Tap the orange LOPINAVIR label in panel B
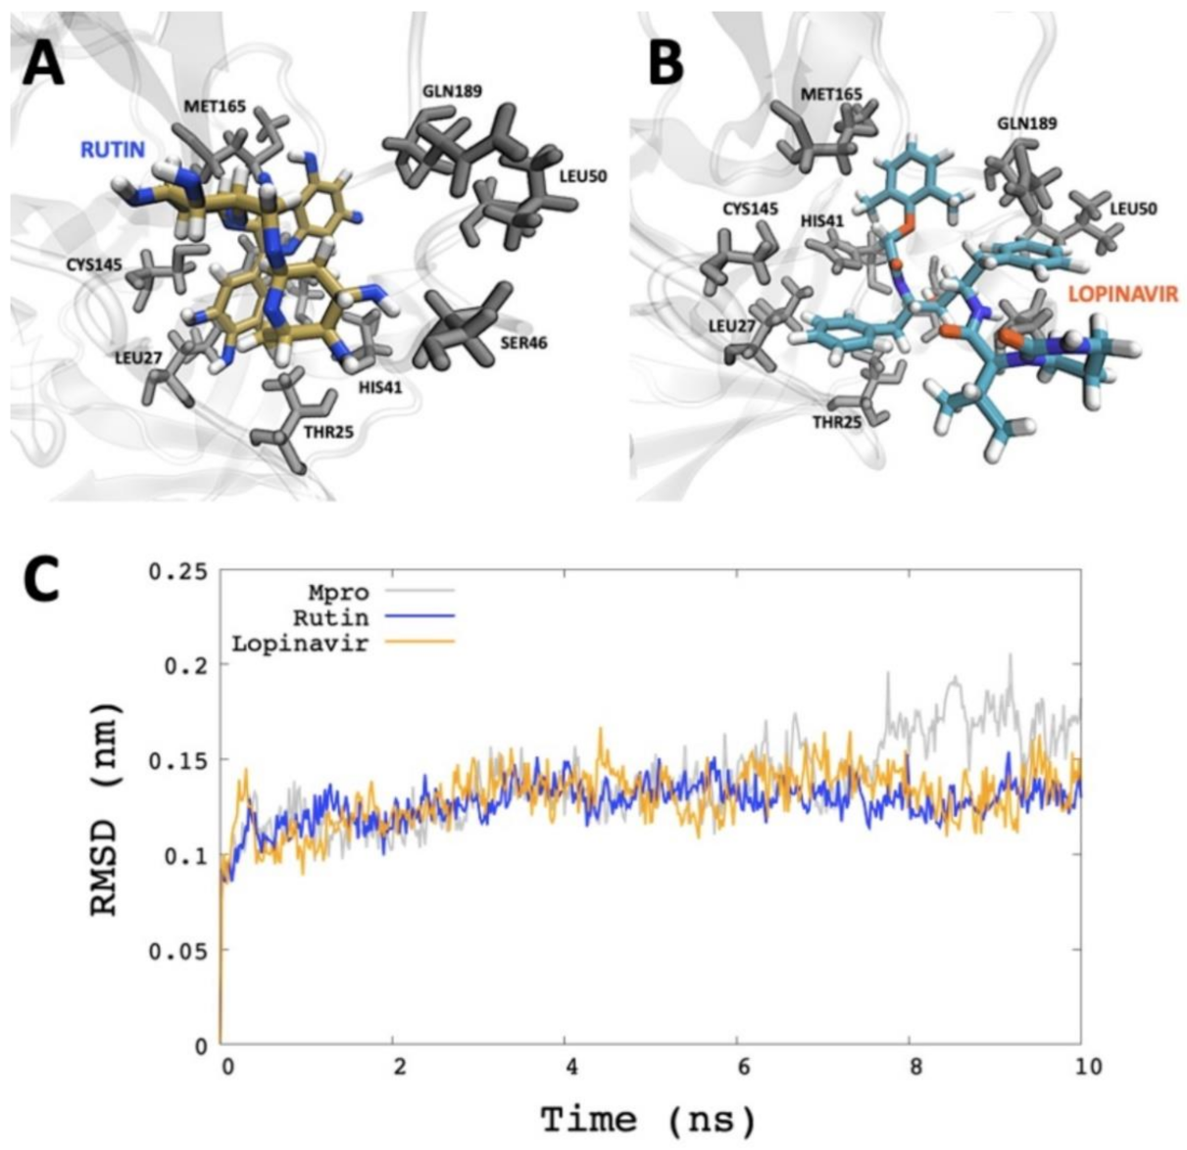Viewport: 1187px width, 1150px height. tap(1122, 293)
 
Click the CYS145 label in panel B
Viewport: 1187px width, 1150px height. tap(750, 210)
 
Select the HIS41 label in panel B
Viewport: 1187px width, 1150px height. tap(822, 221)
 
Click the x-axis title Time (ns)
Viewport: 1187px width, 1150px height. tap(647, 1117)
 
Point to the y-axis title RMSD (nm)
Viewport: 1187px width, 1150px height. tap(105, 808)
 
